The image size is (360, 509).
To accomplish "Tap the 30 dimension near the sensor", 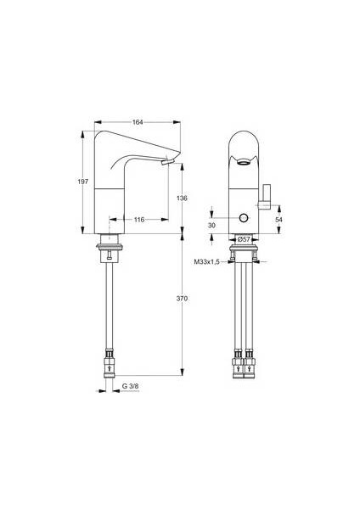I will click(212, 227).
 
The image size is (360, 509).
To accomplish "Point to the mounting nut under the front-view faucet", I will click(245, 249).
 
